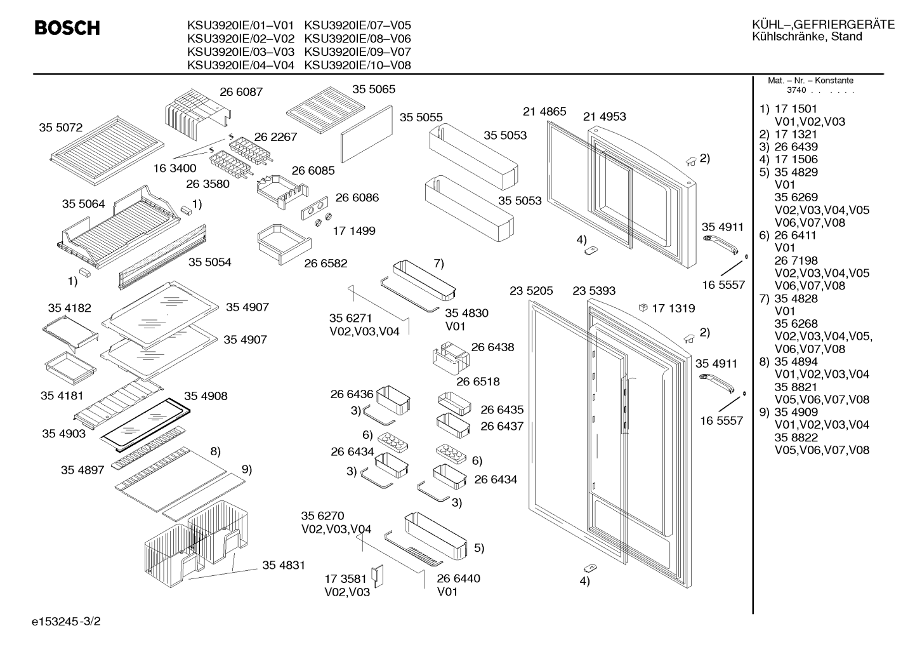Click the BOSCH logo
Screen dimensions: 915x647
(67, 28)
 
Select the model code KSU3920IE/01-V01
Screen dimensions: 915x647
(240, 25)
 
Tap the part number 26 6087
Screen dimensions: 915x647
(241, 92)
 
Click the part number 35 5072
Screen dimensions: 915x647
(61, 128)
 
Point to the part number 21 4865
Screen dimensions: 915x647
(544, 112)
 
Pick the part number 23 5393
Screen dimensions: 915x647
(594, 291)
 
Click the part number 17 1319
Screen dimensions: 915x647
(673, 308)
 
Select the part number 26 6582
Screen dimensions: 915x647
(326, 263)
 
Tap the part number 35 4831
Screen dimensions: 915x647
(284, 565)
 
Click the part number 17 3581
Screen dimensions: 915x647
(346, 578)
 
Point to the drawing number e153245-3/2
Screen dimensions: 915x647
(66, 621)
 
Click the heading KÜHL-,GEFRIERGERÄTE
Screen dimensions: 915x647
(824, 25)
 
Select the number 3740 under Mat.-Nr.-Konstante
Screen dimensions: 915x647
(796, 90)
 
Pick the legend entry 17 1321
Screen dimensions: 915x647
(796, 134)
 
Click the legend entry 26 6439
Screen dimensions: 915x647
(796, 147)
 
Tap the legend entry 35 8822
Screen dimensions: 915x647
(796, 437)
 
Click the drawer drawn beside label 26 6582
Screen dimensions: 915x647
(284, 244)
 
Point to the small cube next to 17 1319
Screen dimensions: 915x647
(643, 308)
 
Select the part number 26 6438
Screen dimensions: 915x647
(492, 347)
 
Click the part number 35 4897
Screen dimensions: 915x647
(82, 470)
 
